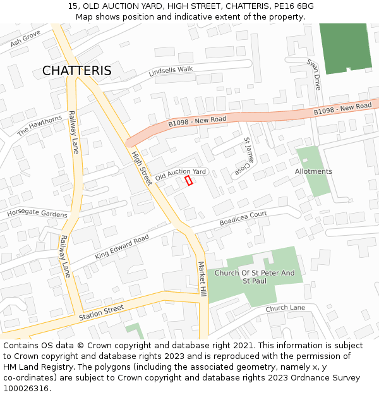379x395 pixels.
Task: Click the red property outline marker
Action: tap(188, 181)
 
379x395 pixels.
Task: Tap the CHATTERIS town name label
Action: tap(76, 71)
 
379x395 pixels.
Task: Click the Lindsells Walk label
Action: tap(171, 71)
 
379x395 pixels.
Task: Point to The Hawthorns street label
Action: tap(40, 126)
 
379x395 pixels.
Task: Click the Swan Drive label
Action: tap(314, 75)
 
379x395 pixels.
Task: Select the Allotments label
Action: tap(313, 171)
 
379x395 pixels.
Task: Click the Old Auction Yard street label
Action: tap(181, 174)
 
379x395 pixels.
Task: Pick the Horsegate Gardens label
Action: tap(37, 214)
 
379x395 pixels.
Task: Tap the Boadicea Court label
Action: tap(243, 219)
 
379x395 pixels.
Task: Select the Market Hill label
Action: tap(202, 279)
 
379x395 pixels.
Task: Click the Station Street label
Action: tap(101, 311)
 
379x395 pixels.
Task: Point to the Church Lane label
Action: tap(285, 308)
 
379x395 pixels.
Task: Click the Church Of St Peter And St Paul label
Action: tap(254, 276)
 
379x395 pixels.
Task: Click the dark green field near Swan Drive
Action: tap(345, 47)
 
